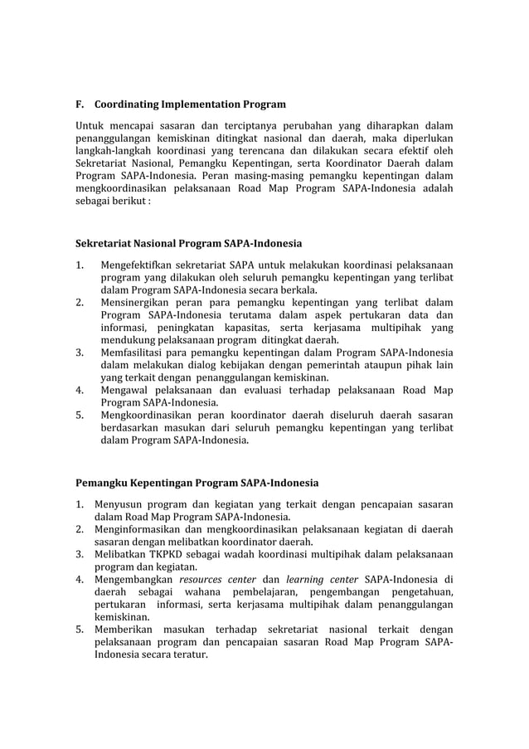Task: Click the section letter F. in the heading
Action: click(80, 105)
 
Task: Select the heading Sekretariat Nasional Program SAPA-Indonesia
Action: click(189, 244)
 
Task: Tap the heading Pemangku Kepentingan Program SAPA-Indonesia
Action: click(197, 482)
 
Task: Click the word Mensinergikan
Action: click(138, 303)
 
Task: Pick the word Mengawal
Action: click(125, 391)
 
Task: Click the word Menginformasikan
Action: click(146, 529)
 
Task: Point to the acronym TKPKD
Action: click(167, 554)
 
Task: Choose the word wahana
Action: click(213, 592)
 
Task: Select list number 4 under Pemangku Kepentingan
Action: click(80, 579)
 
